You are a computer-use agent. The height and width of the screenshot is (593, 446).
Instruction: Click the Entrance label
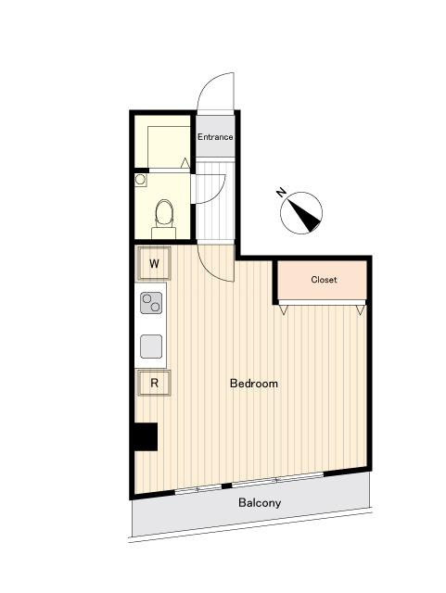click(x=215, y=137)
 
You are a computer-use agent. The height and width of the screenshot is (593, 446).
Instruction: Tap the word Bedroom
click(x=254, y=384)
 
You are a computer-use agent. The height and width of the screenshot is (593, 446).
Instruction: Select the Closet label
click(x=324, y=280)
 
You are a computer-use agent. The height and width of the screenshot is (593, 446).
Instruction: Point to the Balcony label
click(x=260, y=502)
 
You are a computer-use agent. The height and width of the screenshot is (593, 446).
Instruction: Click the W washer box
click(x=154, y=263)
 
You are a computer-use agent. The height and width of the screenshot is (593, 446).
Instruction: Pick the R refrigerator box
click(x=154, y=383)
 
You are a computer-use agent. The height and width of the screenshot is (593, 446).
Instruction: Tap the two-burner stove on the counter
click(x=151, y=303)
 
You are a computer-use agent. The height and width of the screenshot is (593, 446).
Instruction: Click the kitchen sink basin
click(x=151, y=347)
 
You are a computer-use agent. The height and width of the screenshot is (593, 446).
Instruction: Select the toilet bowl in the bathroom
click(x=164, y=212)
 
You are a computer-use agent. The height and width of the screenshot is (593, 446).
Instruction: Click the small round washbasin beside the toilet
click(x=140, y=179)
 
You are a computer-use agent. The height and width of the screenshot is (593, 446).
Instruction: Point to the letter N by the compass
click(x=281, y=193)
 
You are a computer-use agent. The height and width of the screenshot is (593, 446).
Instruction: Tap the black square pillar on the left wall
click(x=146, y=436)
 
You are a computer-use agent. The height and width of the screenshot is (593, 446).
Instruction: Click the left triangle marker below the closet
click(x=284, y=309)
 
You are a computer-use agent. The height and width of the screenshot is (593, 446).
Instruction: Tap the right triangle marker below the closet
click(x=361, y=309)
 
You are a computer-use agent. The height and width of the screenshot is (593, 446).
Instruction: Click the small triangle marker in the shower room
click(x=185, y=163)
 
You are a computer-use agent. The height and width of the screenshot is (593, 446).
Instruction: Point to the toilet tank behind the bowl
click(x=163, y=233)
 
